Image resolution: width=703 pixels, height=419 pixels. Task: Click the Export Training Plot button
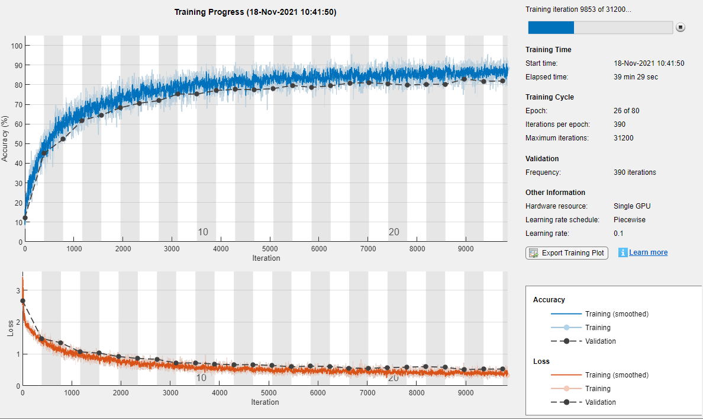pyautogui.click(x=567, y=252)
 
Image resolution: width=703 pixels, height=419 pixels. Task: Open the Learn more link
pyautogui.click(x=648, y=252)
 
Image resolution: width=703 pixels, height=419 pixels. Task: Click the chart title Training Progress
pyautogui.click(x=255, y=12)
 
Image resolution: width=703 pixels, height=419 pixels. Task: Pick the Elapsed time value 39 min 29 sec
pyautogui.click(x=636, y=76)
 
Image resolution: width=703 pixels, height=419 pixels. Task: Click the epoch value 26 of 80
pyautogui.click(x=627, y=111)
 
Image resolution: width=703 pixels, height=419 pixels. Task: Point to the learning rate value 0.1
pyautogui.click(x=620, y=234)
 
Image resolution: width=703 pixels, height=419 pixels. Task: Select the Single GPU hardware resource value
pyautogui.click(x=632, y=206)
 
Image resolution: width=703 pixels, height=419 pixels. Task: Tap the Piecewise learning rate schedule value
pyautogui.click(x=630, y=220)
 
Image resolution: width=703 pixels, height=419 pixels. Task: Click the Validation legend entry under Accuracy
pyautogui.click(x=600, y=341)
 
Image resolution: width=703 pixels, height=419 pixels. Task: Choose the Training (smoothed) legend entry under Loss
pyautogui.click(x=617, y=375)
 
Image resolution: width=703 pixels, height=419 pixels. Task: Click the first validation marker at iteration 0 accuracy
pyautogui.click(x=25, y=218)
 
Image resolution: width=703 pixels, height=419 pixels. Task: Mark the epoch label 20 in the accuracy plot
pyautogui.click(x=394, y=232)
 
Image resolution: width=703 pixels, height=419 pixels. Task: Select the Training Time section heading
pyautogui.click(x=548, y=50)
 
